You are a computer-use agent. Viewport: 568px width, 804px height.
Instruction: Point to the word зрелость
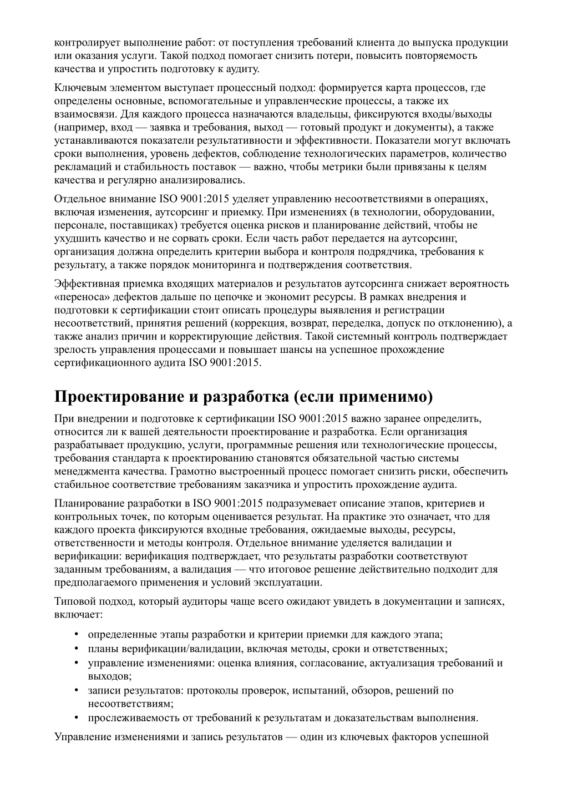click(x=75, y=350)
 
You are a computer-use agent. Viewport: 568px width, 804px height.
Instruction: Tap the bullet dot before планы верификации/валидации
click(x=76, y=649)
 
